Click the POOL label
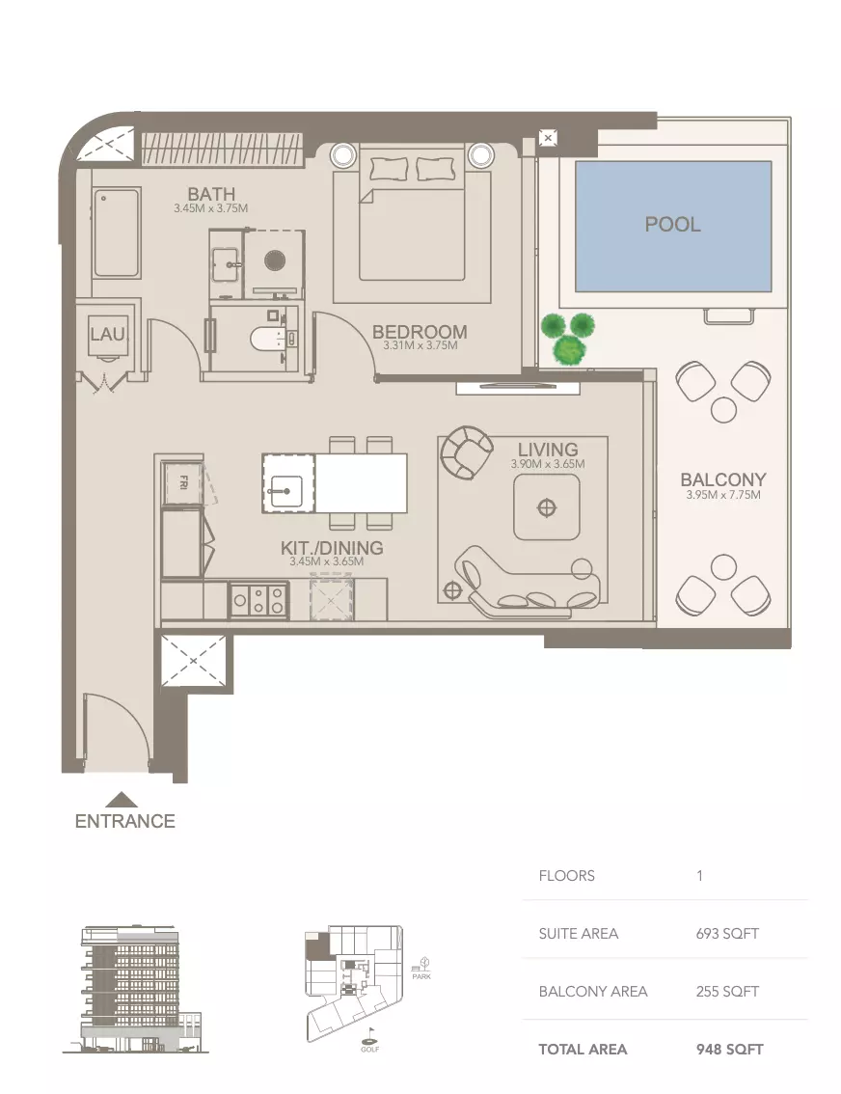point(672,225)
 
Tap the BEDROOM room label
point(420,332)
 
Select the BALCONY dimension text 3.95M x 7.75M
point(722,496)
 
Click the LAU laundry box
point(108,334)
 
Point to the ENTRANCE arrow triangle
point(122,800)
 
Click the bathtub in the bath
point(117,232)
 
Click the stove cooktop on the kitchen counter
point(258,601)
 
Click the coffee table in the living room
point(547,506)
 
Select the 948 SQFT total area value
point(729,1049)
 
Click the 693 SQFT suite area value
point(727,933)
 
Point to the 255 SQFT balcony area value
point(727,991)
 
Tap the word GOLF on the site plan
point(369,1050)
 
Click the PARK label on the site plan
point(421,975)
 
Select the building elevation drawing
point(135,989)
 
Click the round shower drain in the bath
point(275,260)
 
